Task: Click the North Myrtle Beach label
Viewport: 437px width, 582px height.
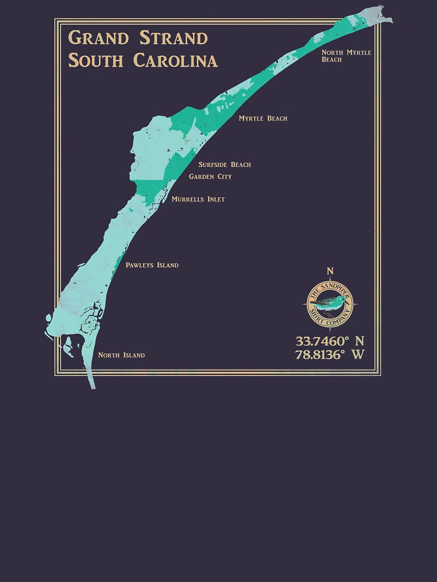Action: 346,56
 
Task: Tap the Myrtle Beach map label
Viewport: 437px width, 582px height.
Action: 263,119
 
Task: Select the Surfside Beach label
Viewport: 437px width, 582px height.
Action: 224,165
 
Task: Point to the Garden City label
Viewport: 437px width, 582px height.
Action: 210,176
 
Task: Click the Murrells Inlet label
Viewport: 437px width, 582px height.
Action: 198,199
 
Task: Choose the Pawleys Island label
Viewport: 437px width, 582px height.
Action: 151,265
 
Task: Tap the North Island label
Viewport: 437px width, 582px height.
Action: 121,355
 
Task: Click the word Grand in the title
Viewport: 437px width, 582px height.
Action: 98,38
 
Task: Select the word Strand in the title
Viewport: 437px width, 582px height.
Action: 174,38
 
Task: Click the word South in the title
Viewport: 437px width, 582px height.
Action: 96,60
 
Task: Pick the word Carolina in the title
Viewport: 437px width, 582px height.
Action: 175,60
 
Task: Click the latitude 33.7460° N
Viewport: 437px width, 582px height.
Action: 330,341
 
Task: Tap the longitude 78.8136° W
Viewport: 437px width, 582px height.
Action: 330,354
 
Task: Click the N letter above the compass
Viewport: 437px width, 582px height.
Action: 330,271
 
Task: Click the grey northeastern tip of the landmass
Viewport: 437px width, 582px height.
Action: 376,15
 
